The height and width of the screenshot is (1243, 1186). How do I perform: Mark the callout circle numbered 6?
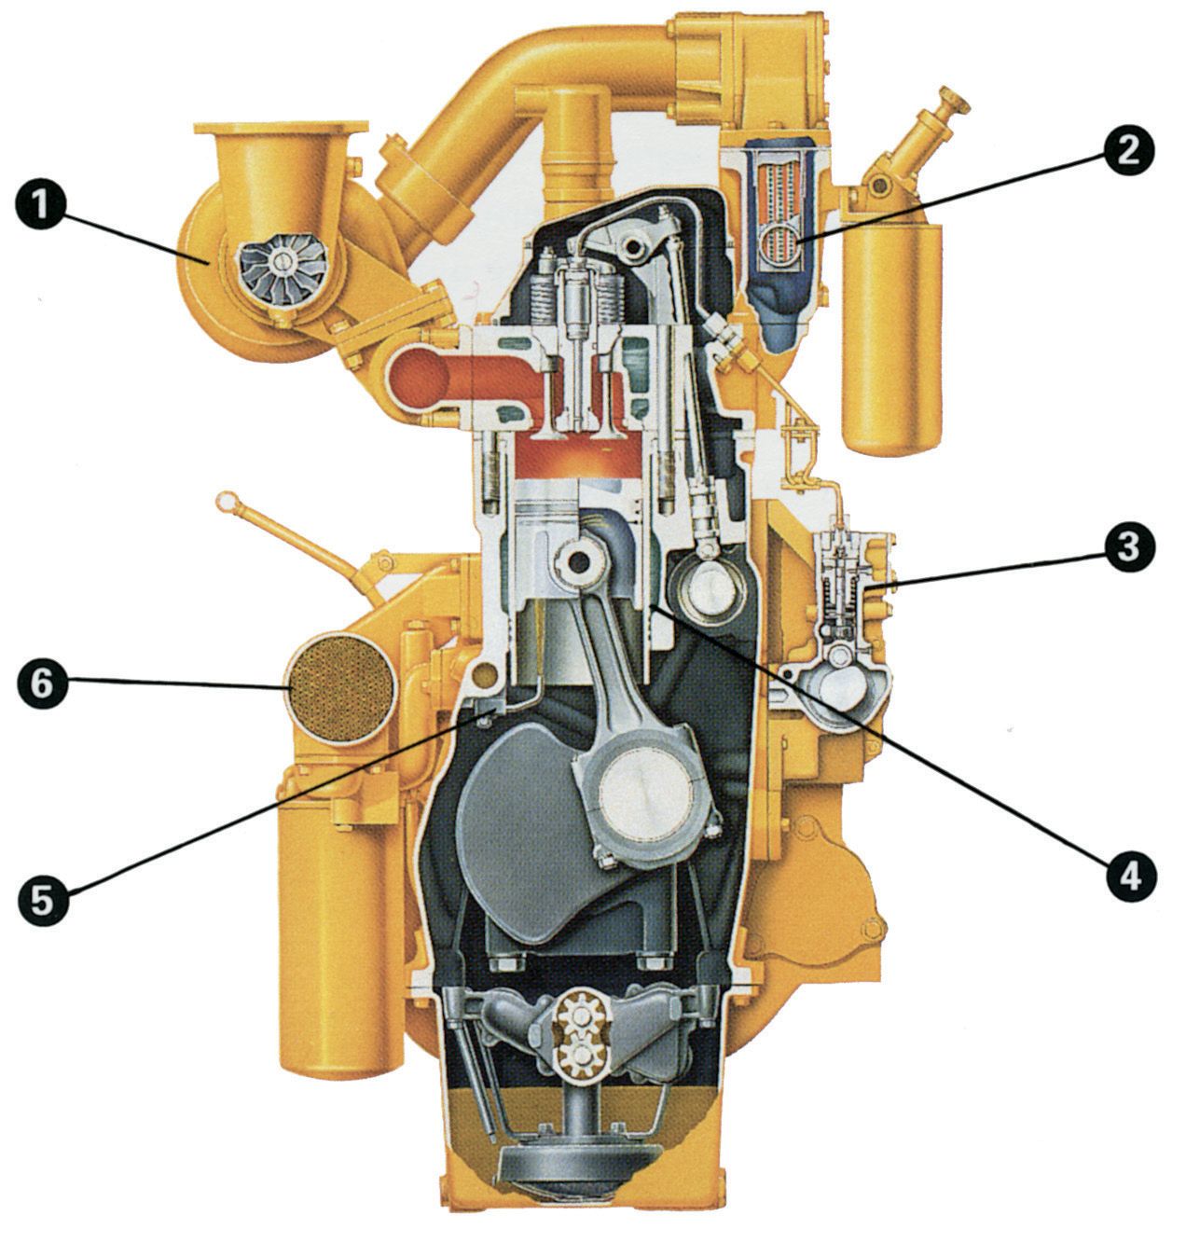[42, 684]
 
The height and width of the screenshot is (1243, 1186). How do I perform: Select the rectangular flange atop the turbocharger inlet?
[281, 127]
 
